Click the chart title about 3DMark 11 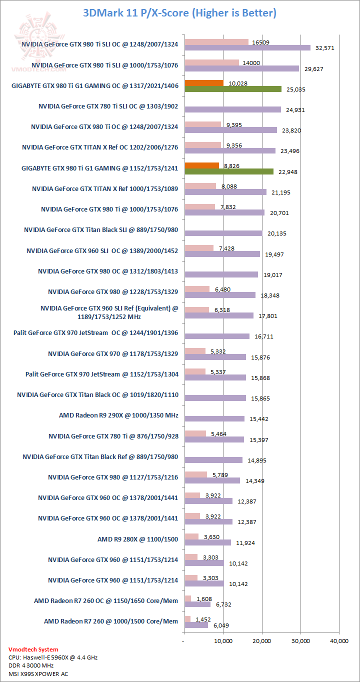coord(179,12)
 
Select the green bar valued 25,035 coord(233,89)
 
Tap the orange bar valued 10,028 coord(204,83)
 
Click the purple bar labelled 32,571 coord(247,48)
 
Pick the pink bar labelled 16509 coord(216,42)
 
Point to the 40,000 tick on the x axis coord(339,640)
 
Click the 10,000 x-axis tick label coord(223,640)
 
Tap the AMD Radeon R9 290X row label coord(118,415)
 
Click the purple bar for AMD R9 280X coord(207,542)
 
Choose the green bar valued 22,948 coord(229,171)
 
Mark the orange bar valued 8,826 coord(201,165)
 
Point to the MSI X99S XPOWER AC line coord(38,673)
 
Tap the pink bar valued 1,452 coord(187,619)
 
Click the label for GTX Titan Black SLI coord(101,230)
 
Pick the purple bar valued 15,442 coord(214,418)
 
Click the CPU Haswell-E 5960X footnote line coord(53,657)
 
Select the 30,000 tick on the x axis coord(300,640)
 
